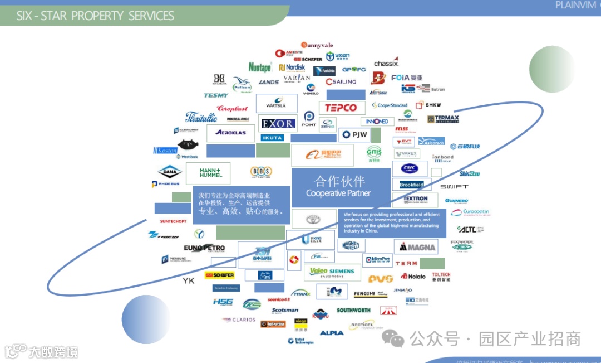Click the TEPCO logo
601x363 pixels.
pos(341,108)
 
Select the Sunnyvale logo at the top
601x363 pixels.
pos(317,45)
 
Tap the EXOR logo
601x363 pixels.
pos(277,123)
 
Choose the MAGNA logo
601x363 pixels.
pos(416,247)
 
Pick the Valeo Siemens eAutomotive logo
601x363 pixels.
pos(332,272)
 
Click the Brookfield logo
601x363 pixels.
pos(412,185)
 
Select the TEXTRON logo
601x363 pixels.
pos(415,199)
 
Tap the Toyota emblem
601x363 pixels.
pos(313,219)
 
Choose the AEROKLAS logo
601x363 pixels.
pos(230,133)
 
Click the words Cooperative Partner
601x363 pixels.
pos(338,193)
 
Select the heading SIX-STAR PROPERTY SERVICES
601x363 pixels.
pos(95,16)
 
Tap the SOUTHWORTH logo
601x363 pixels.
pos(353,310)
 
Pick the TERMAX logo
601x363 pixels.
pos(444,119)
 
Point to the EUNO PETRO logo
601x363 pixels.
pos(204,248)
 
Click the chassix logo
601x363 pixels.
pos(386,63)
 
